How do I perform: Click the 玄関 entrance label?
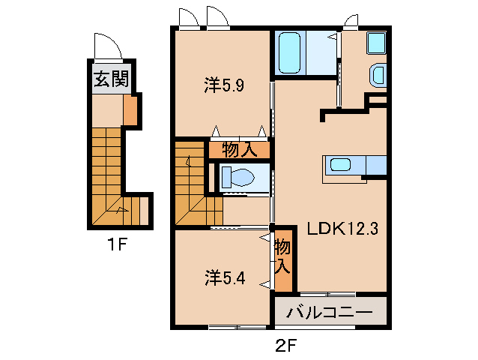pos(112,79)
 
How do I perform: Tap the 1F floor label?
pos(117,244)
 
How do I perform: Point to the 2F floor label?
pos(285,346)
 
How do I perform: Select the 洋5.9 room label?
pos(224,85)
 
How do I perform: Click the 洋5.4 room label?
pos(225,277)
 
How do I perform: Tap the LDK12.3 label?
pos(342,228)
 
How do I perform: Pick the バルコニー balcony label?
pos(330,312)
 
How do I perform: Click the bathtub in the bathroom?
pos(290,52)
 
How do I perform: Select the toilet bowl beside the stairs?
pos(238,178)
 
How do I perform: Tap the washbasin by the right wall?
pos(378,75)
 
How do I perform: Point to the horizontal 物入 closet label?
pos(240,150)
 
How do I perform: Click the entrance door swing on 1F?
pos(108,46)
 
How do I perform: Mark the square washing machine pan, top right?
pos(377,43)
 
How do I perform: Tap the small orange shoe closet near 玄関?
pos(130,110)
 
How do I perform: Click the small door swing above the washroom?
pos(351,21)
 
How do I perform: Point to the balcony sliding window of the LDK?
pos(327,295)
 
